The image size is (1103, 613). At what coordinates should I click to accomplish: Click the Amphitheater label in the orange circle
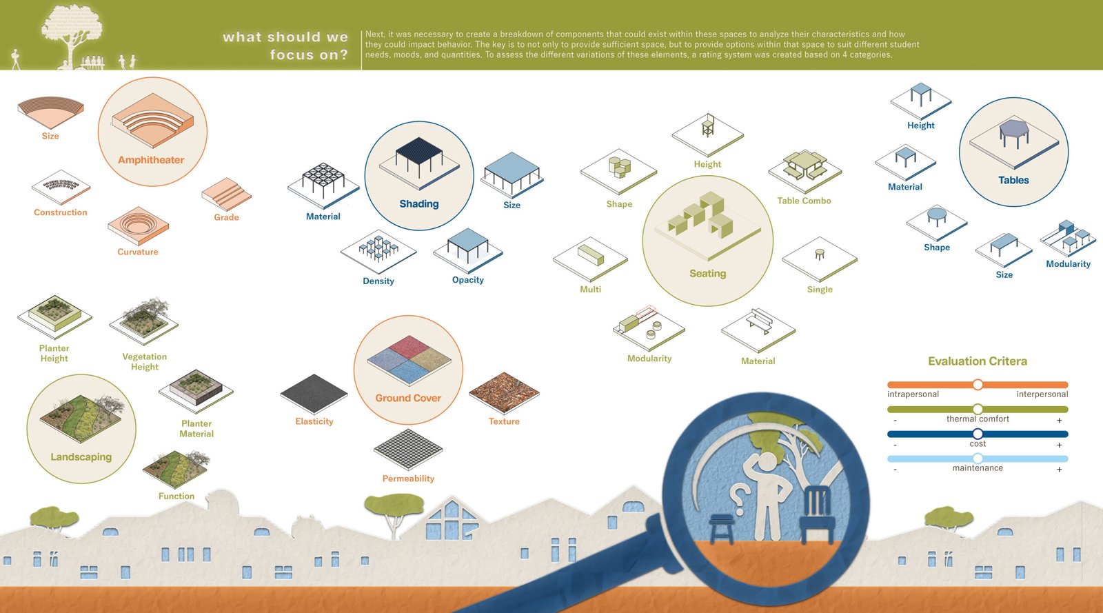151,160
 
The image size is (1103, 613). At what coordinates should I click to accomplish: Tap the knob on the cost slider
978,434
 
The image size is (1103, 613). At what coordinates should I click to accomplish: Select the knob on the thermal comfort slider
978,409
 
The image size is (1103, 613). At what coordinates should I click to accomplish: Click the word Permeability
408,479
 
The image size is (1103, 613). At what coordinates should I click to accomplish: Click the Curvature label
137,252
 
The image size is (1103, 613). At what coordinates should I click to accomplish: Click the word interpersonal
1042,394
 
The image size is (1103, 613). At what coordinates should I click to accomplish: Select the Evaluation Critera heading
978,361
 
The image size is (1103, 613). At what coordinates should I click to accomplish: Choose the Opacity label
468,280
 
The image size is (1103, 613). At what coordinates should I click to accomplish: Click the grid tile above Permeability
408,449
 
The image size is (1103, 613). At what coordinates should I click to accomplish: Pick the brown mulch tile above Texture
504,392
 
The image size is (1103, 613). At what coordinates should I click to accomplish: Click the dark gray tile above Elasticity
314,394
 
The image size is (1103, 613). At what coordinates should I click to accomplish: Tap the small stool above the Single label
820,254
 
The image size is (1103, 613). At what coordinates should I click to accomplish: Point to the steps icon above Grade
227,194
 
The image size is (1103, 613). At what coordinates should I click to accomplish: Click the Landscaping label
81,457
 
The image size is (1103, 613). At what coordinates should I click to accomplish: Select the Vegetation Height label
144,361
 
